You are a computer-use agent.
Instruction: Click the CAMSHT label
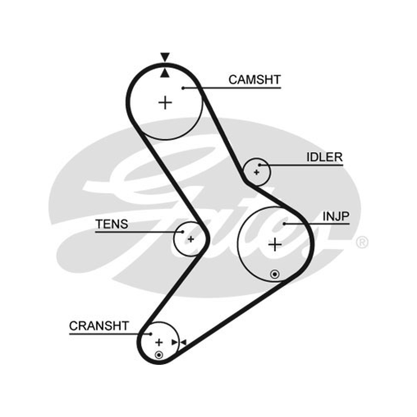[254, 80]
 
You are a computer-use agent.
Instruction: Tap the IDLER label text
[324, 157]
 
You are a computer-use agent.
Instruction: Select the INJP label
[336, 216]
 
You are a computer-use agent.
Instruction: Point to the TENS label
[112, 224]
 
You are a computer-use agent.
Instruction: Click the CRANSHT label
[99, 326]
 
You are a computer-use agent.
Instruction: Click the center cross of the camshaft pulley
[165, 103]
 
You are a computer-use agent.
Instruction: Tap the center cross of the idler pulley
[256, 173]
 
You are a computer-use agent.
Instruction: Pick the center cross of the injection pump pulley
[275, 244]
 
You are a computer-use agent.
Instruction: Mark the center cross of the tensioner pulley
[191, 239]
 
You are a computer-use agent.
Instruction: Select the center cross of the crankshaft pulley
[159, 342]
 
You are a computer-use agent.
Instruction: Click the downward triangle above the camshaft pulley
[165, 57]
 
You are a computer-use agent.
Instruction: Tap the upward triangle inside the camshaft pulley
[165, 73]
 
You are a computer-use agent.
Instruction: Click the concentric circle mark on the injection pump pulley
[275, 274]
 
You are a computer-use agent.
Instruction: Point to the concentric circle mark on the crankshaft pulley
[159, 355]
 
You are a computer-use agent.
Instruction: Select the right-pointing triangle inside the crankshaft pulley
[175, 342]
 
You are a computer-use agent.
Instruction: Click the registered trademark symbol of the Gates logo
[362, 242]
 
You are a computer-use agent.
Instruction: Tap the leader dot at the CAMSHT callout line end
[183, 88]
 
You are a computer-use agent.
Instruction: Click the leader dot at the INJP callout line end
[284, 224]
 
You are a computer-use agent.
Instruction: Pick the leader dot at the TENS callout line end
[182, 232]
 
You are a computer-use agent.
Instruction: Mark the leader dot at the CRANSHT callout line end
[151, 334]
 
